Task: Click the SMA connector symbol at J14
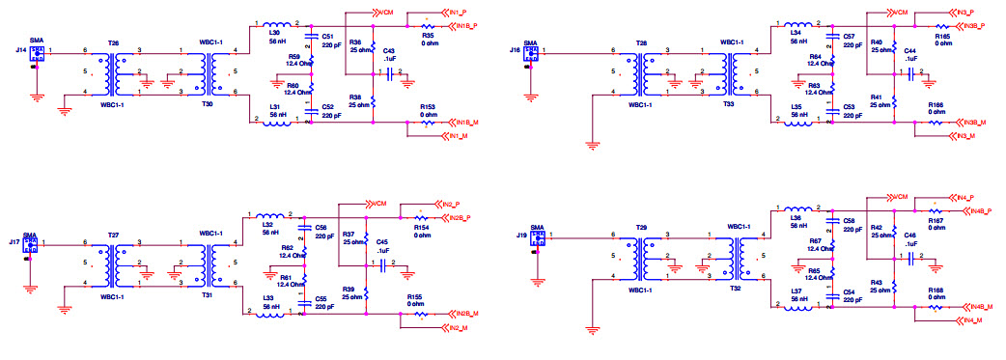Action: coord(36,53)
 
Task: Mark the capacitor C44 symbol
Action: coord(910,72)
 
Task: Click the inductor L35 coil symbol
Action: coord(796,123)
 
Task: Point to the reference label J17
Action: coord(14,241)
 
